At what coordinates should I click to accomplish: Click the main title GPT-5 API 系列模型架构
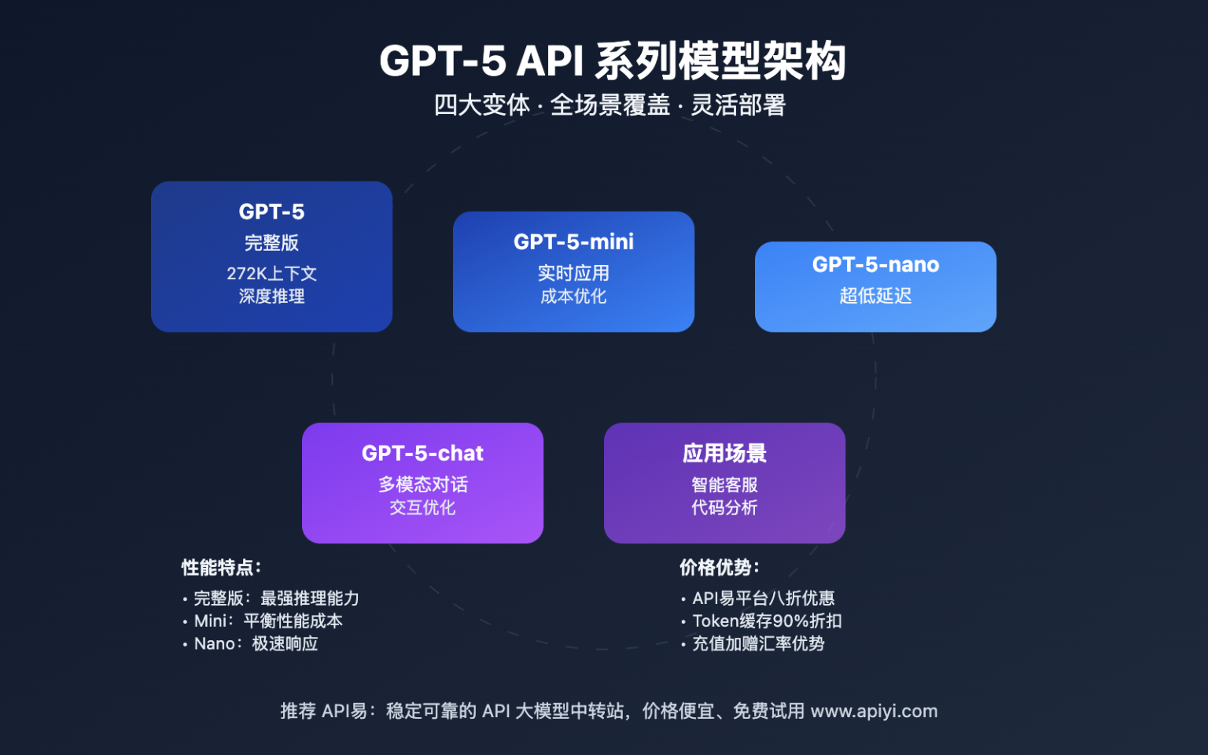[x=612, y=61]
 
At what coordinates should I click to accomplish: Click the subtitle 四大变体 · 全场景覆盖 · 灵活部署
[x=610, y=105]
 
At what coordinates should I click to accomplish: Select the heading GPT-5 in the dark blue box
[x=271, y=212]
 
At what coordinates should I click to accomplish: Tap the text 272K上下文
[x=271, y=274]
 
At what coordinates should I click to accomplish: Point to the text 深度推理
[x=271, y=296]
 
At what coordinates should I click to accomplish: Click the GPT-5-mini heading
[x=573, y=241]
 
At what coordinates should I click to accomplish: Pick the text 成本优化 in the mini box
[x=573, y=296]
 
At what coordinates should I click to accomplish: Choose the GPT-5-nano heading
[x=875, y=264]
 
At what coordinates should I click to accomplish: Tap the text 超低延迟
[x=875, y=296]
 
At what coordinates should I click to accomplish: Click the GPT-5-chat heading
[x=422, y=453]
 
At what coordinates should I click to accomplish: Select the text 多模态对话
[x=422, y=484]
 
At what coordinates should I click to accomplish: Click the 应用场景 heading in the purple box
[x=724, y=453]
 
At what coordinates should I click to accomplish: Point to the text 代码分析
[x=724, y=508]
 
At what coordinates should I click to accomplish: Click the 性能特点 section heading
[x=221, y=568]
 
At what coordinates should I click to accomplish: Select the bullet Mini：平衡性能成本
[x=268, y=621]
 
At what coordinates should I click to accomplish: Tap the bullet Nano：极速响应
[x=256, y=644]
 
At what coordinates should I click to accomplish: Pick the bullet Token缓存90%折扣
[x=767, y=621]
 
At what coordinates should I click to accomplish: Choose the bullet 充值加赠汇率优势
[x=758, y=644]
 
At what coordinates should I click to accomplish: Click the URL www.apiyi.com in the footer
[x=874, y=711]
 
